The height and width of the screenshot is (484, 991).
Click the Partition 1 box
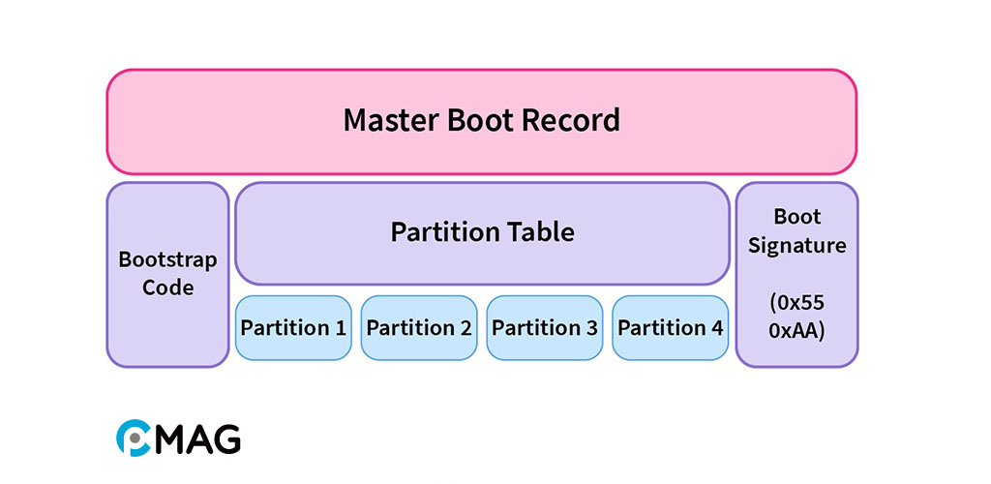click(x=293, y=328)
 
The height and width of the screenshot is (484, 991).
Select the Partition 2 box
click(x=419, y=328)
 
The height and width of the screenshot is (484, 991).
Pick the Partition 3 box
click(x=545, y=328)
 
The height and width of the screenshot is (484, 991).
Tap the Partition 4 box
click(x=671, y=328)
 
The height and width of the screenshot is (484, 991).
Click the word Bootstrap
click(x=167, y=260)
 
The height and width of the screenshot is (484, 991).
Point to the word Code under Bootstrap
click(x=167, y=287)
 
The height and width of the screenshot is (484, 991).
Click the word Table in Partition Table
click(x=542, y=232)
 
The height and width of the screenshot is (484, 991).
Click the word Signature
click(x=796, y=246)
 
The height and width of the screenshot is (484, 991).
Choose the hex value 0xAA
click(x=796, y=330)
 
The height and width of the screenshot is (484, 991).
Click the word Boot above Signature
click(x=796, y=217)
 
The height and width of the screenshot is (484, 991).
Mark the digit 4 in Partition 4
click(x=717, y=328)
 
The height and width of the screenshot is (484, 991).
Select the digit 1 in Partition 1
click(x=340, y=328)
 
